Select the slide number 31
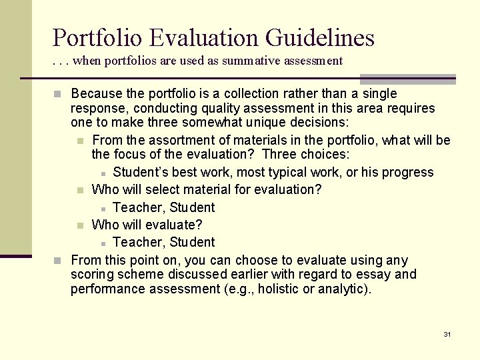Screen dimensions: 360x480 (x=447, y=334)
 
